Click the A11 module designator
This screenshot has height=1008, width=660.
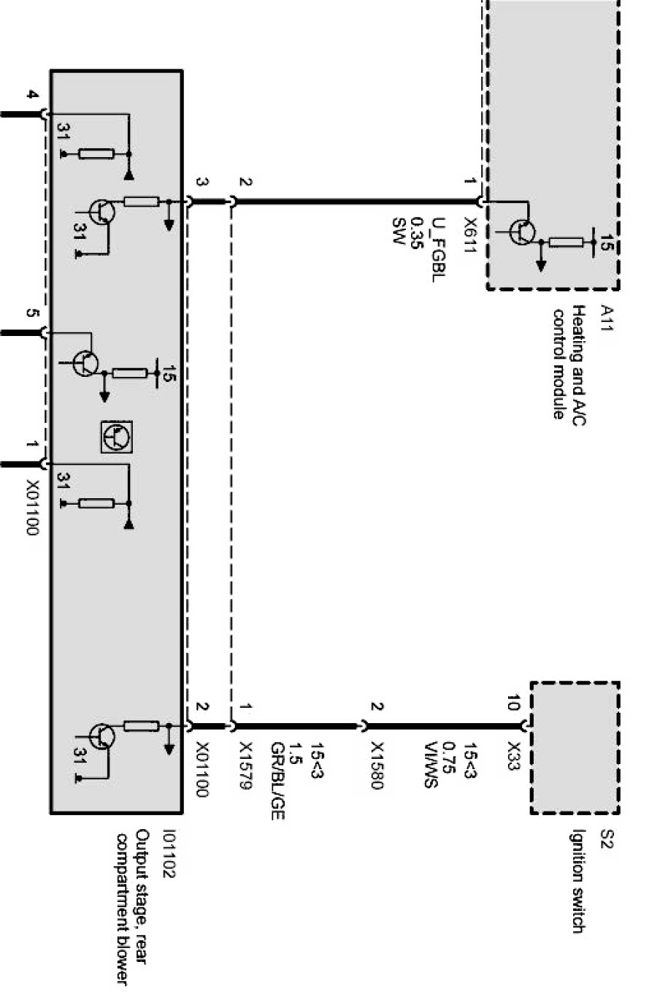tap(605, 318)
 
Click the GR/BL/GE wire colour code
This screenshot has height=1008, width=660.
tap(277, 781)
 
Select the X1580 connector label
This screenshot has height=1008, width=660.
tap(377, 767)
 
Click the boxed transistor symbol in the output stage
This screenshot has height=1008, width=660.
tap(117, 438)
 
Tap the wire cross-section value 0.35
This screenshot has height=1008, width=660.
tap(417, 233)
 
